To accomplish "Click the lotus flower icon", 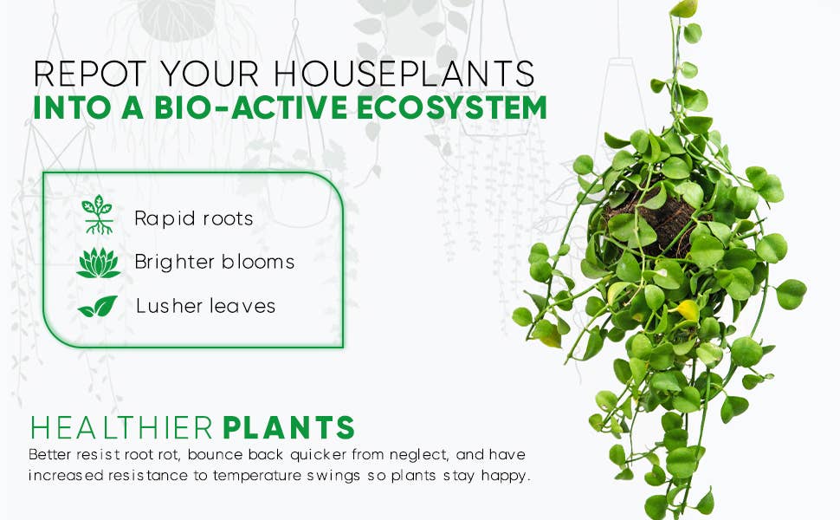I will (98, 262).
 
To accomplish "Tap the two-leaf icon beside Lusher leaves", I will (98, 306).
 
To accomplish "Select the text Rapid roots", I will (193, 218).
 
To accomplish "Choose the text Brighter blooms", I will (214, 262).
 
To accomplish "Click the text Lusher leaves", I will (205, 306).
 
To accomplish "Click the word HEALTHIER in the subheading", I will (121, 428).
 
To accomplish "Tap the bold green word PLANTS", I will (289, 428).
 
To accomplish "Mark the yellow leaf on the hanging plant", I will (688, 309).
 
